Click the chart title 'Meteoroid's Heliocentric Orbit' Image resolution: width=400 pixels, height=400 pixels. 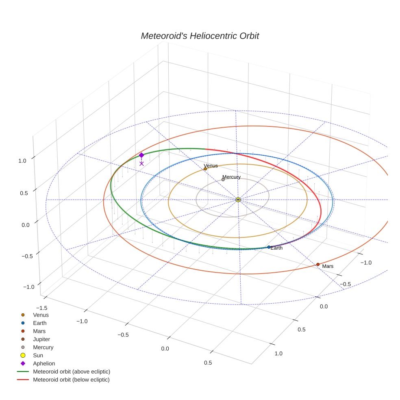[200, 36]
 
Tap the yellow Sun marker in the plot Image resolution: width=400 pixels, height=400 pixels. [238, 200]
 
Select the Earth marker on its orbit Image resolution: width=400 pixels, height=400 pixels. [269, 247]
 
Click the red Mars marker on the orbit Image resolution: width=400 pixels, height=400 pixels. [318, 265]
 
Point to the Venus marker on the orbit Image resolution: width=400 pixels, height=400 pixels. [205, 169]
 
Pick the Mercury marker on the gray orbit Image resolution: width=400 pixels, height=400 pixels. [223, 180]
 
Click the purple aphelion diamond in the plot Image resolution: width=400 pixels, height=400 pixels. [141, 155]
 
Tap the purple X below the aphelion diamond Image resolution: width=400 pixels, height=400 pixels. [141, 163]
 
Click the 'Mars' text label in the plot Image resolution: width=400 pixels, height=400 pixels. [328, 266]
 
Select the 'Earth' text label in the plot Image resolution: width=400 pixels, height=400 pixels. [276, 248]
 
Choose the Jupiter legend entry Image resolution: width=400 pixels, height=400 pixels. [41, 339]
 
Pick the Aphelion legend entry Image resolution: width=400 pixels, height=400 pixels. [44, 363]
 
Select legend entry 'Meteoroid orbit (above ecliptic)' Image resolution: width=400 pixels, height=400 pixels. [72, 372]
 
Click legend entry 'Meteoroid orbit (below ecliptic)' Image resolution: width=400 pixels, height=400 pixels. [71, 380]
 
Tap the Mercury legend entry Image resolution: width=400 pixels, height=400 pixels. [43, 347]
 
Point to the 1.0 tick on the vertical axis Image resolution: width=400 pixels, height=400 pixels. [22, 161]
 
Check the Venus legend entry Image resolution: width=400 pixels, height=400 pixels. [41, 315]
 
